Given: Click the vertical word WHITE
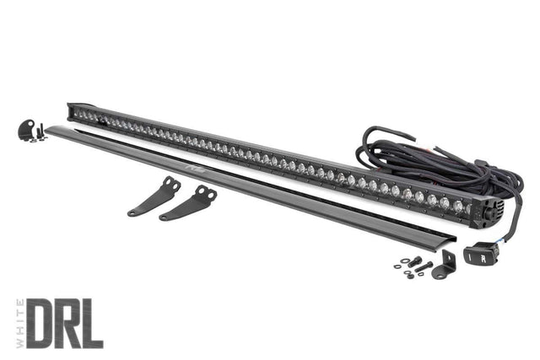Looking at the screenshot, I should (x=18, y=323).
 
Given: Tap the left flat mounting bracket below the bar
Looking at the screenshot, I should (x=154, y=197).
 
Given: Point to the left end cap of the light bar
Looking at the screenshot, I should (x=72, y=110).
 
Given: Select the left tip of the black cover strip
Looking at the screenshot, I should (x=49, y=129).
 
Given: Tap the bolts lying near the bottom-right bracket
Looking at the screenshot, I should (x=413, y=266).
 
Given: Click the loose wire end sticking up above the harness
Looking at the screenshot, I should (x=369, y=135).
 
